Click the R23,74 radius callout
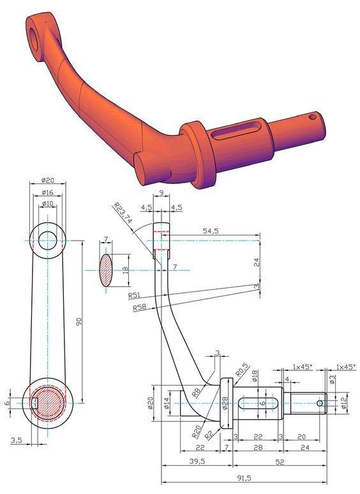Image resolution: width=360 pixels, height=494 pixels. point(123,214)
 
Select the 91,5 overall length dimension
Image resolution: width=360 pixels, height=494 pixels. point(244,478)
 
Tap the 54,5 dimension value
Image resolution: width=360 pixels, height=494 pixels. point(211,231)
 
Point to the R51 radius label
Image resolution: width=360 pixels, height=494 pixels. point(134,296)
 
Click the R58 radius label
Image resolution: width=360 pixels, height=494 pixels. point(139,308)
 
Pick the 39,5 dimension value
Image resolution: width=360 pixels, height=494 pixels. point(197,461)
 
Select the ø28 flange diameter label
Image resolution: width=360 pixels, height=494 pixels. point(225,403)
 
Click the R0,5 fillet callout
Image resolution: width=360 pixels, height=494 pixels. point(242,370)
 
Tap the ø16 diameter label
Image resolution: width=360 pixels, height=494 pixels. point(48,193)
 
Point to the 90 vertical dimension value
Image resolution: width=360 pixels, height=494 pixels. point(79,322)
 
